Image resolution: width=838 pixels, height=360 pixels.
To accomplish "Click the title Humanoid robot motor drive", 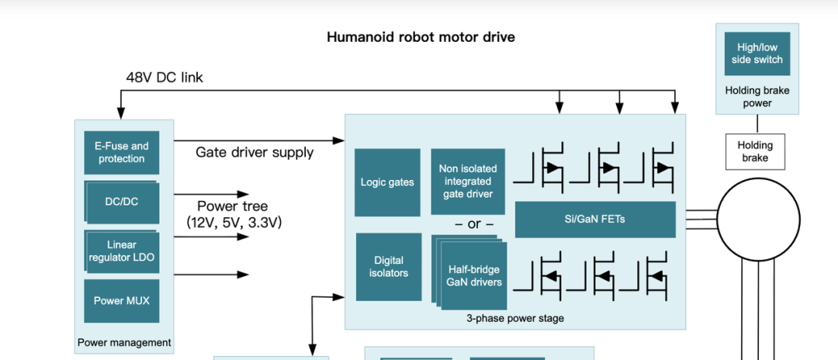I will (x=421, y=37).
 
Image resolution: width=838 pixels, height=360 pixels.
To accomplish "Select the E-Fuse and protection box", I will (x=121, y=152).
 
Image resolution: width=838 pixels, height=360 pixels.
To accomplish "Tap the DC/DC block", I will (x=121, y=202).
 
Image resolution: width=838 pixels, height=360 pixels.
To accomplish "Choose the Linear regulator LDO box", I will (x=121, y=251).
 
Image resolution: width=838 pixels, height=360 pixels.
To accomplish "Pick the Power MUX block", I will (x=121, y=301).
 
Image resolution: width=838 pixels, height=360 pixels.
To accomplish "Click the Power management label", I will (x=124, y=342).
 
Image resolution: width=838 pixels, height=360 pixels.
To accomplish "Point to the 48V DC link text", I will (x=164, y=78).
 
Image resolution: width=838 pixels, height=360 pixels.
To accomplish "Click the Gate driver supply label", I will (x=255, y=152).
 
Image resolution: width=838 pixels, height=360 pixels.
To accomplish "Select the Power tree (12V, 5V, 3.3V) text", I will (x=233, y=214).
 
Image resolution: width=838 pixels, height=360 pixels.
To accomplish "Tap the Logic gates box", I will (x=387, y=182).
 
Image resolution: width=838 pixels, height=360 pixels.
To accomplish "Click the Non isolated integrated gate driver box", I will (x=467, y=182).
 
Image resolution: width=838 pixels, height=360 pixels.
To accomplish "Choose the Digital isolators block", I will (x=388, y=267).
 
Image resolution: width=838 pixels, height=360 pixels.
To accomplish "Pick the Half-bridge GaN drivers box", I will (x=473, y=276).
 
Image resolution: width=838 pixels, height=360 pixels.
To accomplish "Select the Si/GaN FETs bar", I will (x=594, y=220).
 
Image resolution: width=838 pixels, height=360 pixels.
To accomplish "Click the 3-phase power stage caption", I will (x=514, y=318).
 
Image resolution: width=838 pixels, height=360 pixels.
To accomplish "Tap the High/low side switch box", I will (x=757, y=54).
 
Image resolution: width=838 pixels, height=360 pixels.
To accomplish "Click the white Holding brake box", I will (x=755, y=151).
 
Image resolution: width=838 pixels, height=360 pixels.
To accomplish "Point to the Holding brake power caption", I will (x=757, y=96).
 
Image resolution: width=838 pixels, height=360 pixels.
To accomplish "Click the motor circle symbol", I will (x=757, y=221).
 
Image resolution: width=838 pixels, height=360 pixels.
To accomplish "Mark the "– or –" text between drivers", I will (x=474, y=224).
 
